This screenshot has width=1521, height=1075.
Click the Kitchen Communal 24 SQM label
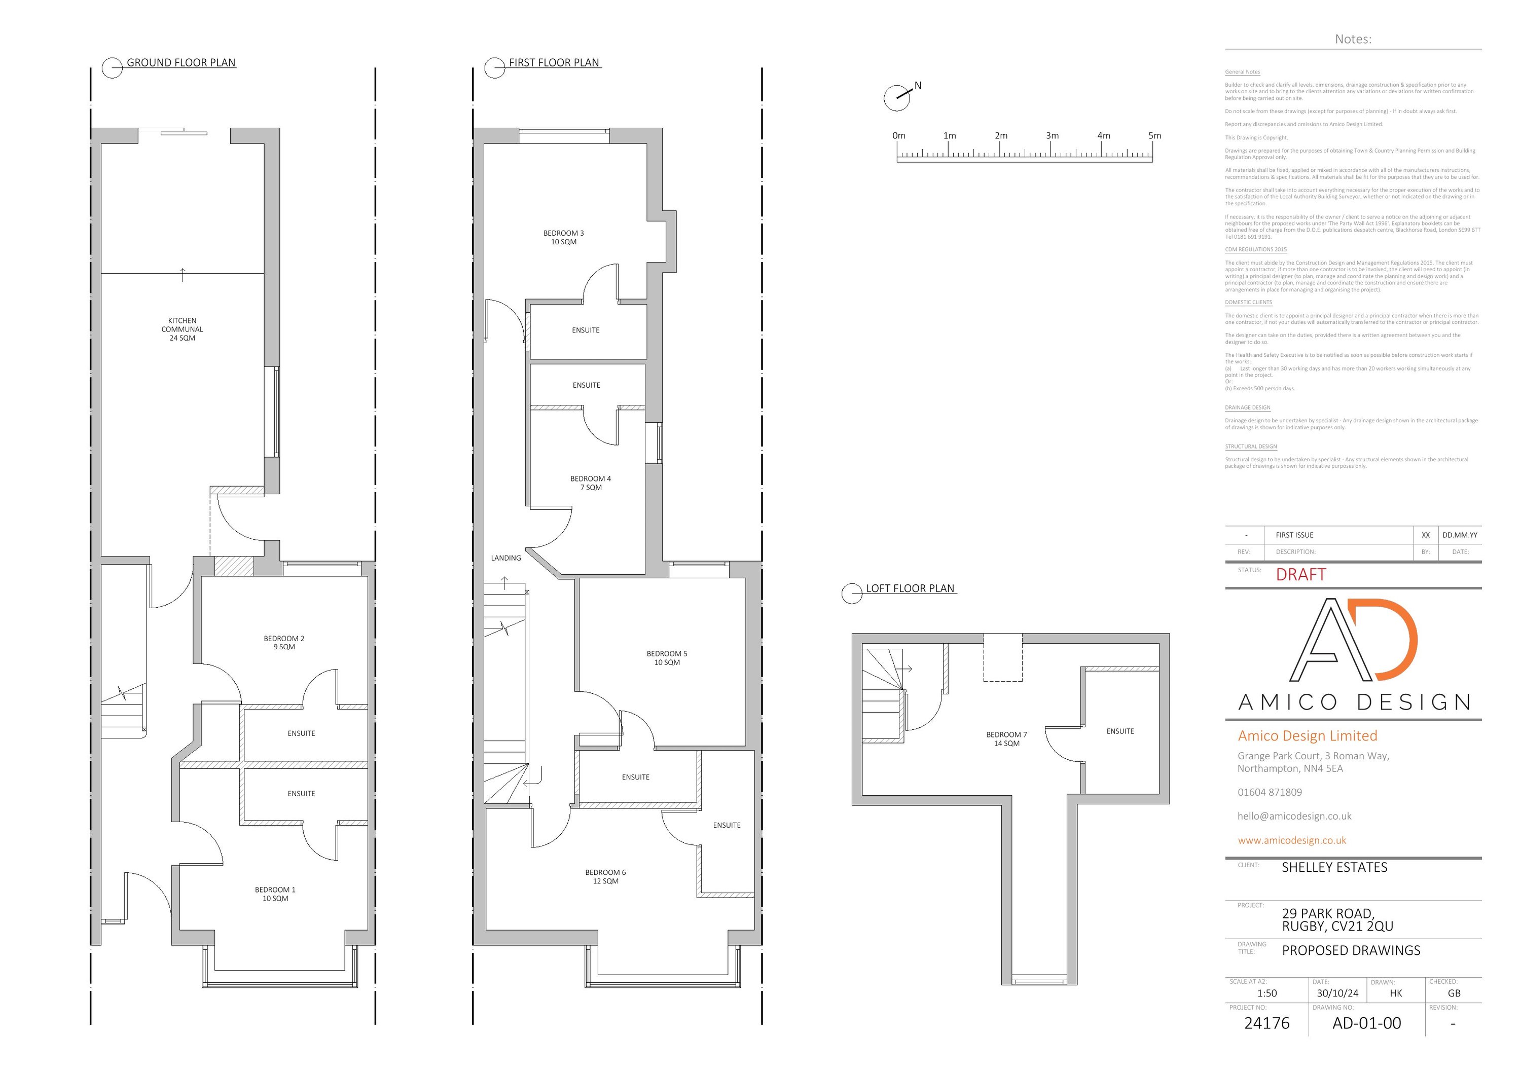click(x=182, y=329)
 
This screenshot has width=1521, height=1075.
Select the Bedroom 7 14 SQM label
click(x=1006, y=738)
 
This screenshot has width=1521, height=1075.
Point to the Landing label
click(x=505, y=558)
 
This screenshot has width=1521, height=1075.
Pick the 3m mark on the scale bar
click(x=1052, y=136)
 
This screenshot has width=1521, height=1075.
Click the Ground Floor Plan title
click(x=181, y=63)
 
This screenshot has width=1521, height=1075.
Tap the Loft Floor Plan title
click(x=910, y=588)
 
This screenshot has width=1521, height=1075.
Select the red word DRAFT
click(x=1301, y=575)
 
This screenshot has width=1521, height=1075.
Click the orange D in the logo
click(x=1394, y=639)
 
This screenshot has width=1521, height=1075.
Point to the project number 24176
click(x=1266, y=1023)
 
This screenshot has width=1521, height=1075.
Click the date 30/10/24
click(x=1337, y=993)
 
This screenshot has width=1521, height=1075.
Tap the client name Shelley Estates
click(x=1334, y=868)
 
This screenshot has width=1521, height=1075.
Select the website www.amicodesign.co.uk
click(x=1292, y=840)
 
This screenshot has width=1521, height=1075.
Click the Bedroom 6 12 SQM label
click(x=605, y=876)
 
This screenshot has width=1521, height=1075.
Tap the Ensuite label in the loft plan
click(x=1120, y=731)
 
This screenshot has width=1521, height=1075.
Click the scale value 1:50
click(x=1266, y=993)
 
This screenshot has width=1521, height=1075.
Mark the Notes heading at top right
click(x=1353, y=39)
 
